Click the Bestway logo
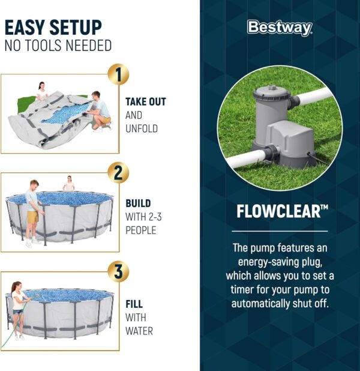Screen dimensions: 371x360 pyautogui.click(x=280, y=28)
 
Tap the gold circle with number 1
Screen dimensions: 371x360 pyautogui.click(x=118, y=75)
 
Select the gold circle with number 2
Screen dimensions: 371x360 pyautogui.click(x=118, y=173)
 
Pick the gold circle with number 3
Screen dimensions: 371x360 pyautogui.click(x=118, y=271)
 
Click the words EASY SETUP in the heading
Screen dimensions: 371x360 pyautogui.click(x=53, y=27)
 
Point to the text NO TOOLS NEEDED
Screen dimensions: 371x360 pyautogui.click(x=58, y=46)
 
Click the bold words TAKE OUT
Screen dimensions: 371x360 pyautogui.click(x=146, y=102)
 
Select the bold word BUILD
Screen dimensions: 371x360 pyautogui.click(x=138, y=204)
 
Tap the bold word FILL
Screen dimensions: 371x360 pyautogui.click(x=134, y=304)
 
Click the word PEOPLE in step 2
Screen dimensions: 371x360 pyautogui.click(x=140, y=230)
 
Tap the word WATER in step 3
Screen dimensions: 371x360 pyautogui.click(x=139, y=331)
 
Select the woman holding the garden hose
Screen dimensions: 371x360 pyautogui.click(x=17, y=309)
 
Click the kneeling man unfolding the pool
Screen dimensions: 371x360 pyautogui.click(x=99, y=110)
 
